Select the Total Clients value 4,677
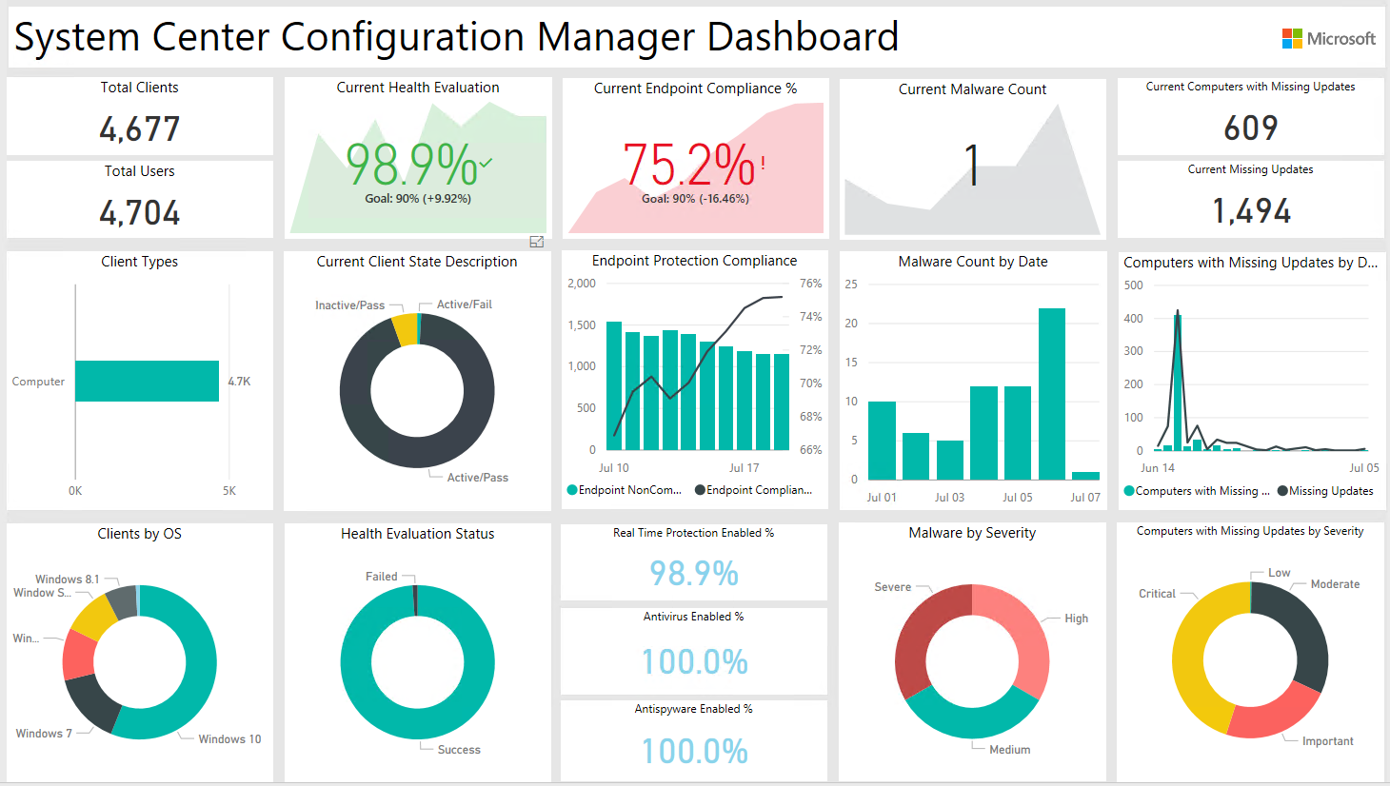pyautogui.click(x=140, y=128)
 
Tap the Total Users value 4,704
pyautogui.click(x=140, y=212)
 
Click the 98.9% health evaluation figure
pyautogui.click(x=412, y=165)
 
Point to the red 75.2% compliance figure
pyautogui.click(x=689, y=165)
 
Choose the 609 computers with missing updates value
pyautogui.click(x=1250, y=128)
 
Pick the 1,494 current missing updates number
pyautogui.click(x=1251, y=210)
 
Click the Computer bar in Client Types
pyautogui.click(x=147, y=381)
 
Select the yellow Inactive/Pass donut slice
pyautogui.click(x=406, y=330)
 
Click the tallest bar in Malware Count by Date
pyautogui.click(x=1051, y=393)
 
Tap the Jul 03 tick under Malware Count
pyautogui.click(x=949, y=497)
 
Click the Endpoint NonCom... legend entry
pyautogui.click(x=625, y=490)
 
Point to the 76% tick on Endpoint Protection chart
pyautogui.click(x=810, y=284)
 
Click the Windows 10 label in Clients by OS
pyautogui.click(x=229, y=739)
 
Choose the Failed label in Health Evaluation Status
pyautogui.click(x=381, y=577)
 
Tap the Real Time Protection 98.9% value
pyautogui.click(x=694, y=574)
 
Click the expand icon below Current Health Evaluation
pyautogui.click(x=536, y=242)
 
